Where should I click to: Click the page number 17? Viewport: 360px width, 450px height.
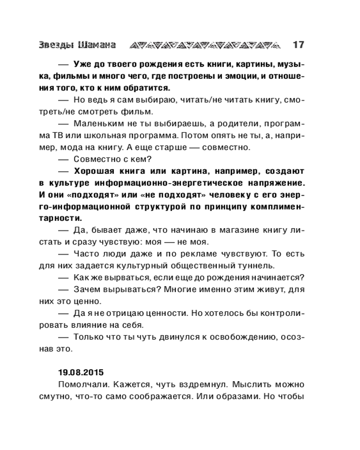point(298,45)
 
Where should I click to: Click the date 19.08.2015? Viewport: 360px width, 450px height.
point(81,373)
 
